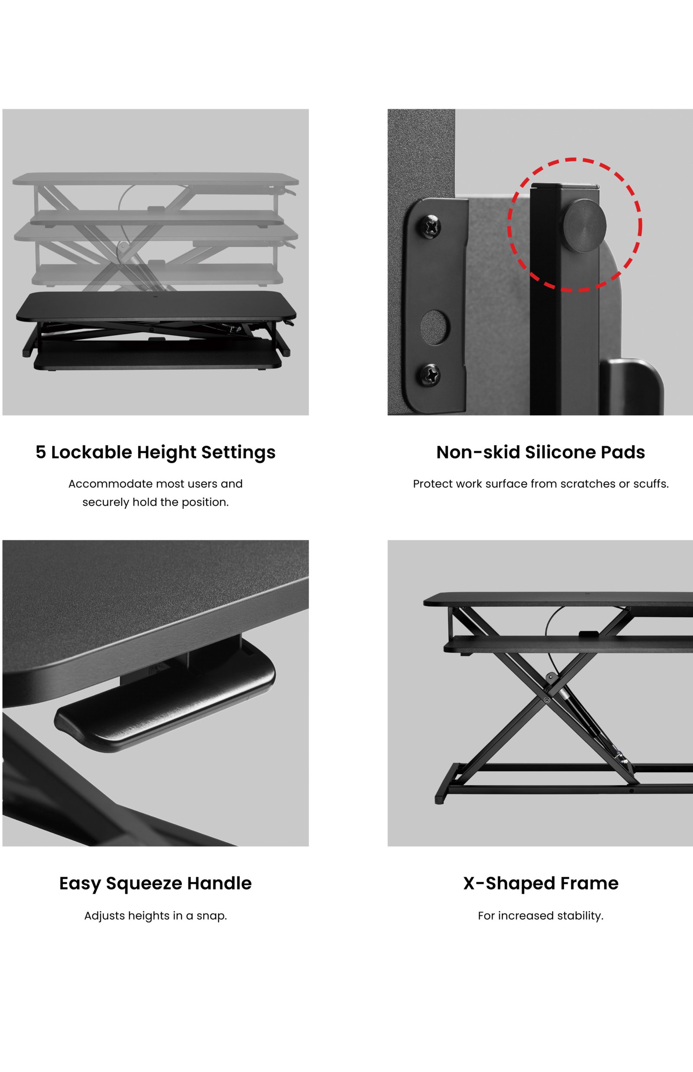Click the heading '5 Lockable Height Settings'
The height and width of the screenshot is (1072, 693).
(x=155, y=452)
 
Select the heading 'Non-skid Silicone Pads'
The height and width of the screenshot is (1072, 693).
(x=541, y=452)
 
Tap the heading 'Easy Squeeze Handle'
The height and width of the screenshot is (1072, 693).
(x=155, y=884)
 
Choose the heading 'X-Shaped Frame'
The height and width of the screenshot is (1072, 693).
(x=541, y=884)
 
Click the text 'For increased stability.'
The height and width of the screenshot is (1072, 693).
(x=541, y=916)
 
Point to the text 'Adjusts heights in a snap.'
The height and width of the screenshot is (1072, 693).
(x=155, y=916)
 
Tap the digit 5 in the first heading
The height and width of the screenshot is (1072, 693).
(x=41, y=452)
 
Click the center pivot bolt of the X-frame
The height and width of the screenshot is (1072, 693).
(x=547, y=701)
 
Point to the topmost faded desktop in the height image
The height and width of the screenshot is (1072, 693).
(x=155, y=179)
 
